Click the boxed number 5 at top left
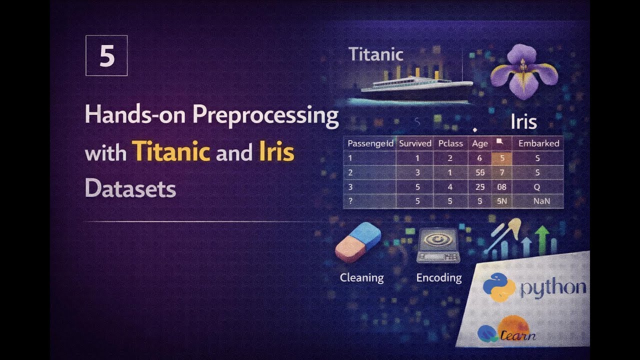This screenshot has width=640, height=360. [x=106, y=55]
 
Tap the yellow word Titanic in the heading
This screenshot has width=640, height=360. [x=170, y=151]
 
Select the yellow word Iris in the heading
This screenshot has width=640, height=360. [x=276, y=151]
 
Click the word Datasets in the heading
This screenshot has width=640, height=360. [x=130, y=188]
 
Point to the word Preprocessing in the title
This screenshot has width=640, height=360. [x=265, y=115]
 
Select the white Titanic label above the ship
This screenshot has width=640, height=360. [x=375, y=54]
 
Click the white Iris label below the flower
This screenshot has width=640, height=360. [x=523, y=122]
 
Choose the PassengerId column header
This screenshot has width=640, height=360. [x=370, y=143]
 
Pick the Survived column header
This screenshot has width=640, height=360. [x=415, y=143]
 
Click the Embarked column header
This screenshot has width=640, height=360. [x=538, y=143]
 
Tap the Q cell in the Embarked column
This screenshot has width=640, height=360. [x=538, y=187]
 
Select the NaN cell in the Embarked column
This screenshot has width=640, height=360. [x=538, y=201]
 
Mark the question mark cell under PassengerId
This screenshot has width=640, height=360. [x=350, y=201]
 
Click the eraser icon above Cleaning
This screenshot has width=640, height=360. [x=358, y=242]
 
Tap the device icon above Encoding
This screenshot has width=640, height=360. [x=438, y=246]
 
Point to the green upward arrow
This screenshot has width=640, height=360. [x=542, y=237]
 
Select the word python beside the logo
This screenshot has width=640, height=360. [x=553, y=288]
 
